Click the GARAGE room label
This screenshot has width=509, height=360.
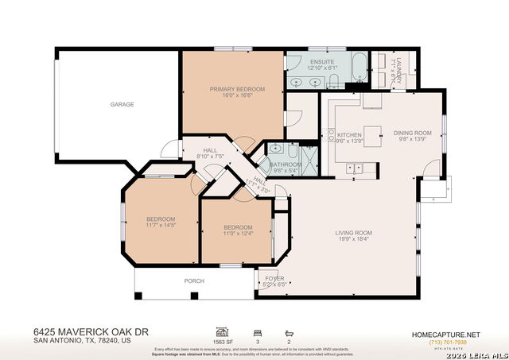click(x=122, y=104)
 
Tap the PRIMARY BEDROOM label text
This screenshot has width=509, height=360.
click(x=237, y=89)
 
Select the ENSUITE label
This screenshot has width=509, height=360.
click(x=321, y=61)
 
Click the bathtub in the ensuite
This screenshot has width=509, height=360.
click(x=357, y=68)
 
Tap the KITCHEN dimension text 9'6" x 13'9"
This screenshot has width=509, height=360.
click(x=349, y=141)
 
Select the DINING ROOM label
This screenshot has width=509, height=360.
click(x=412, y=133)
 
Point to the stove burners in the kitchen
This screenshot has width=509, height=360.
click(x=356, y=168)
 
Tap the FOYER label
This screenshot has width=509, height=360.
click(x=274, y=278)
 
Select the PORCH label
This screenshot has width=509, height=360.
click(x=194, y=281)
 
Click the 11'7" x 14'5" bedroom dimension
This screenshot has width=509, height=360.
click(x=160, y=225)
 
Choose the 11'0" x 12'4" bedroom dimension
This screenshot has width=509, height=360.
click(x=238, y=234)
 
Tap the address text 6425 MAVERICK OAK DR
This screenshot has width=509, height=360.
click(x=91, y=331)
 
